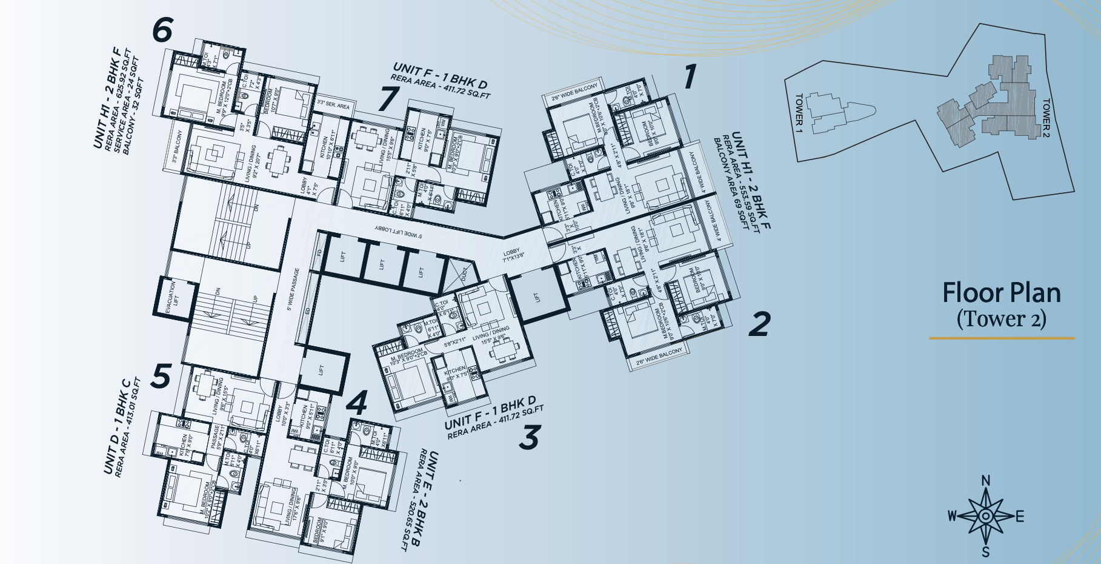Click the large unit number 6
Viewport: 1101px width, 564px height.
tap(162, 30)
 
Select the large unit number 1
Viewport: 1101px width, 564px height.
tap(689, 78)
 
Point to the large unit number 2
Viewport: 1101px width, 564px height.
tap(759, 324)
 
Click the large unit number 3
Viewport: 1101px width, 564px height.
tap(529, 438)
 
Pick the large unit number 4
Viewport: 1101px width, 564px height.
tap(357, 403)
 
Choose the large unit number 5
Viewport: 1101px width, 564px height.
tap(161, 377)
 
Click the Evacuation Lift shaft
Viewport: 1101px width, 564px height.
tap(172, 298)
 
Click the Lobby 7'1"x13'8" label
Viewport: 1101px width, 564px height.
tap(511, 255)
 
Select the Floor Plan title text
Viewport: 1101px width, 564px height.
tap(1001, 294)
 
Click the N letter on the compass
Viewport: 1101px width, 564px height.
tap(986, 481)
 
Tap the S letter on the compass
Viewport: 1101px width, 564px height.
tap(986, 552)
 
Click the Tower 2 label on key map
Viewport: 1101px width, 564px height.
tap(1046, 115)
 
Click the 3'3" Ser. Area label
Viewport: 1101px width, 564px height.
tap(333, 106)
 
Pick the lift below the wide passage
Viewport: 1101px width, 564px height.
tap(322, 369)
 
